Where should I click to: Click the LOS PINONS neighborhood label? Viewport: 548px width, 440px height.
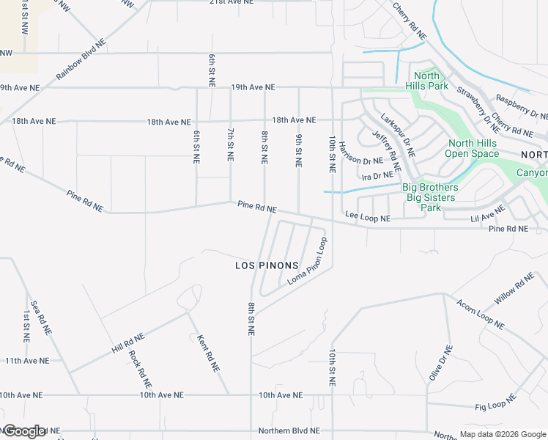click(x=267, y=265)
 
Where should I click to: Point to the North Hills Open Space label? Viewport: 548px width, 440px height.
click(x=473, y=149)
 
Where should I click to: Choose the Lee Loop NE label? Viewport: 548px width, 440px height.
click(x=367, y=218)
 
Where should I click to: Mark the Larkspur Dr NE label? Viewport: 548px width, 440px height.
click(x=398, y=136)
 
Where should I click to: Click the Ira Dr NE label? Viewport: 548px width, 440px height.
click(x=377, y=177)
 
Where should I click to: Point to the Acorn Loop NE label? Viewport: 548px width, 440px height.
click(x=480, y=313)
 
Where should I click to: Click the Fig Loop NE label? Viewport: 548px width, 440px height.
click(x=495, y=403)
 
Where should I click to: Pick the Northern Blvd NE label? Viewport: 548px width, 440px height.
click(x=289, y=430)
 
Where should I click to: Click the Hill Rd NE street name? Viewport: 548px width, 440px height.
click(x=128, y=343)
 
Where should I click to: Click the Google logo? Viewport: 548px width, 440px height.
click(x=24, y=430)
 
